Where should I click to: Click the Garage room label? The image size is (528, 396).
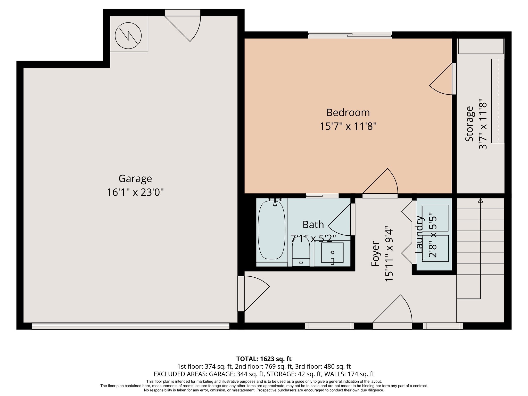click(x=135, y=178)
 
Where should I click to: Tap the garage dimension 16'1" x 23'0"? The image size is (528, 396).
click(x=135, y=192)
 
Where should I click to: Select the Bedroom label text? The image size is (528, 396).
click(x=348, y=112)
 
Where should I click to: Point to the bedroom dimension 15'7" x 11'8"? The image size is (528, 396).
click(x=348, y=126)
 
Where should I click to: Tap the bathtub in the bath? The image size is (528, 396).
click(x=271, y=230)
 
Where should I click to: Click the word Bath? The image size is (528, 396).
click(x=313, y=225)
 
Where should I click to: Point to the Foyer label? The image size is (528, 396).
click(x=375, y=254)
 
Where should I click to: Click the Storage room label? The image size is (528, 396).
click(x=469, y=124)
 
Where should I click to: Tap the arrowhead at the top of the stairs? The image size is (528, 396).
click(x=480, y=201)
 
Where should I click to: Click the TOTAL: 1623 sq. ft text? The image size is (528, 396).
click(x=264, y=359)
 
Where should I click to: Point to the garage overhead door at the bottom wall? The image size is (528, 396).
click(x=130, y=326)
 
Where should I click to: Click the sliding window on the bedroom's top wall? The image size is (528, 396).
click(x=350, y=35)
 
